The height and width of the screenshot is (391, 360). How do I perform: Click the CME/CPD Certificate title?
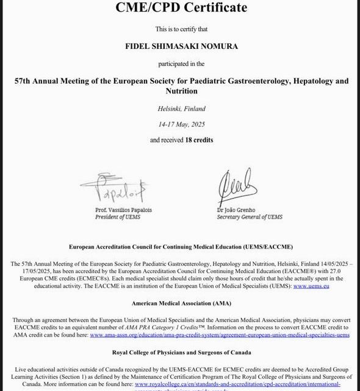182,7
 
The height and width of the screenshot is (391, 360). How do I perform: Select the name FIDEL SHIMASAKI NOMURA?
181,45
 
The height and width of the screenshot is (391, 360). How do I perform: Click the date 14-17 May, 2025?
181,124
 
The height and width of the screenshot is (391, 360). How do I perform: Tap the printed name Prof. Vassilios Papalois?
124,210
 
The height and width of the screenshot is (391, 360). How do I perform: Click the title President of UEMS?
121,216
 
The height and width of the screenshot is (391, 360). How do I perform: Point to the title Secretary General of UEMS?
251,216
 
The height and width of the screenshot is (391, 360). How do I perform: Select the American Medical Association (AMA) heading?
181,302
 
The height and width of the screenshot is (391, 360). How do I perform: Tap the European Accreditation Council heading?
181,246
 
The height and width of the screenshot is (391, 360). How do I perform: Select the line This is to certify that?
181,28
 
